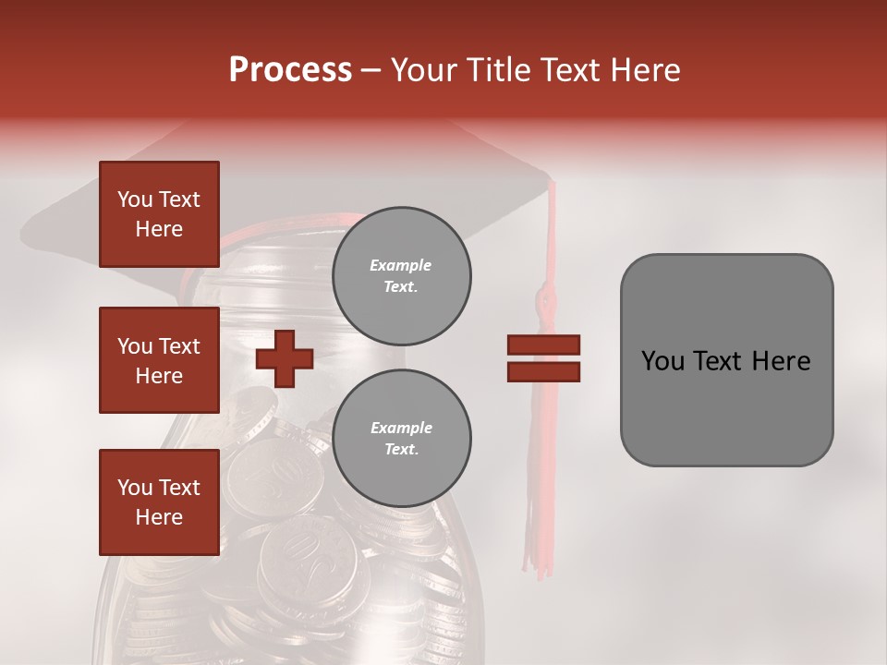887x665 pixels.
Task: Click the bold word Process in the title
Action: [x=290, y=70]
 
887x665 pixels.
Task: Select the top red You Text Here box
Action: [x=159, y=214]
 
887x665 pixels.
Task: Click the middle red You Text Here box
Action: [x=159, y=360]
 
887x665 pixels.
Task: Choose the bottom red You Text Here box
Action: [x=159, y=502]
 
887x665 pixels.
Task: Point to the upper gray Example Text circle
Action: [x=401, y=276]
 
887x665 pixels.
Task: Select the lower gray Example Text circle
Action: [x=401, y=439]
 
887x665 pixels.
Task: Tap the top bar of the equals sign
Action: [x=543, y=345]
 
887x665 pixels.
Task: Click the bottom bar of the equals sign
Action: [x=543, y=371]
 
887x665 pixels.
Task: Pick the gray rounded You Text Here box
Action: [x=726, y=360]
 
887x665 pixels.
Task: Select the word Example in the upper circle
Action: [x=400, y=265]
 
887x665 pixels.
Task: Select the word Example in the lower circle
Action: [x=400, y=428]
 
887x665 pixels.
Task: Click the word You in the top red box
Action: [x=134, y=199]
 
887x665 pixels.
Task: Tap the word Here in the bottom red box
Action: [x=159, y=517]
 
